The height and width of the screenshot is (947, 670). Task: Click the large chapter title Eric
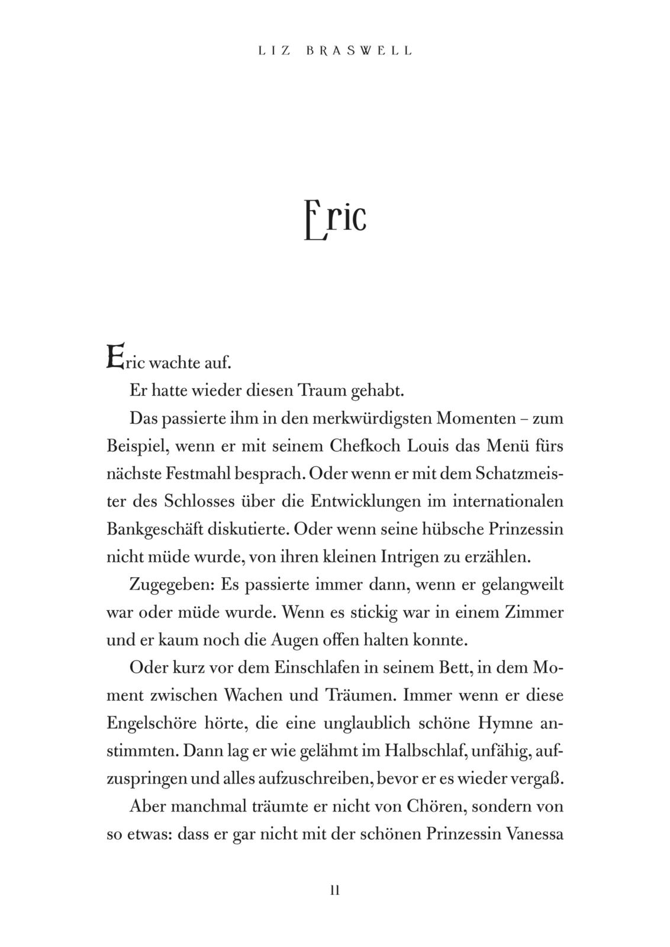(x=335, y=220)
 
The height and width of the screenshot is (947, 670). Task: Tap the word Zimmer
(x=534, y=613)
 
